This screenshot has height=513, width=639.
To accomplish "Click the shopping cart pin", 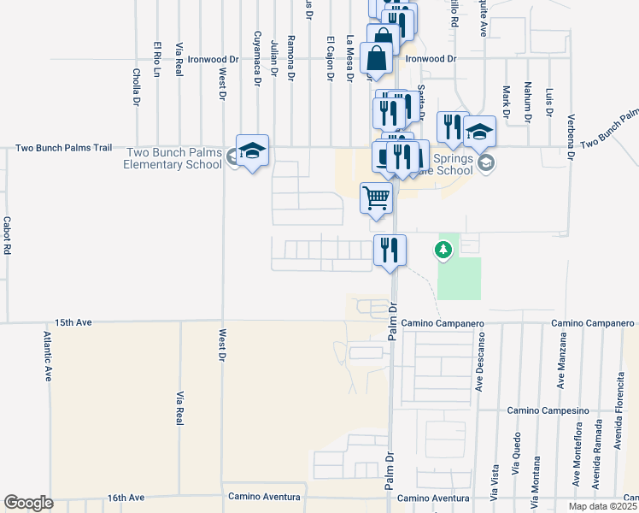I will [x=376, y=198].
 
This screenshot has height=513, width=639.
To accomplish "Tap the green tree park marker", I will [x=443, y=250].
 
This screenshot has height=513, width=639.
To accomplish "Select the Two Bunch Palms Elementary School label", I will [x=174, y=158].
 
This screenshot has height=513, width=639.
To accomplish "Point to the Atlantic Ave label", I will [x=48, y=357].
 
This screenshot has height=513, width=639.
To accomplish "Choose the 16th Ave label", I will [x=127, y=497].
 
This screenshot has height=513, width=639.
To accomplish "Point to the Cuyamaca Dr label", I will [x=256, y=59].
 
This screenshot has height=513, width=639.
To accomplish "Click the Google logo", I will [x=28, y=503].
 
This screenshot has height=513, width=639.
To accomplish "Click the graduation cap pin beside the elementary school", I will [x=252, y=151].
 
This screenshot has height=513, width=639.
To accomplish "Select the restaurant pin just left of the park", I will [x=389, y=251].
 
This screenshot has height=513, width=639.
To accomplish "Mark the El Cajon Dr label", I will [x=331, y=59].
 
